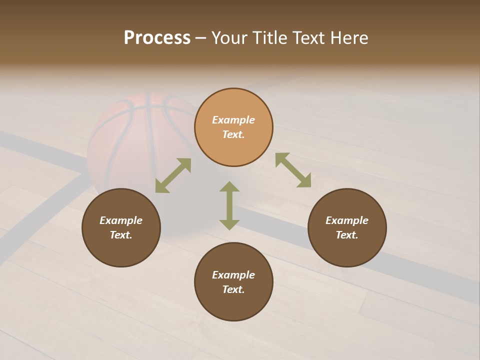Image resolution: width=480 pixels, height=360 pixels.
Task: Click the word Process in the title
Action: pos(157,38)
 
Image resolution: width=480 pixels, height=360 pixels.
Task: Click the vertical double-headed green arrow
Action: pos(229,205)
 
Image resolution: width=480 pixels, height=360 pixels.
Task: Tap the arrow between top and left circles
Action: pos(173,175)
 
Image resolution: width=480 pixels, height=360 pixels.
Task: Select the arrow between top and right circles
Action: pos(293,170)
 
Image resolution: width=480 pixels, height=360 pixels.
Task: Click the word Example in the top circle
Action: pos(233,120)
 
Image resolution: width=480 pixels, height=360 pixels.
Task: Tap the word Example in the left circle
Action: pos(121,220)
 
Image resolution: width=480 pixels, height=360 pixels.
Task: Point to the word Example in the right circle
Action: pos(347,220)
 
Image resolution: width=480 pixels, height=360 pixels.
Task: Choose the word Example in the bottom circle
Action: pos(233,275)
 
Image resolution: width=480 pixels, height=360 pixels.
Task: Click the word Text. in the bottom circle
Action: pos(233,289)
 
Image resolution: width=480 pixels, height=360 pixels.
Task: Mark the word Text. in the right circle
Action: pos(347,235)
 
